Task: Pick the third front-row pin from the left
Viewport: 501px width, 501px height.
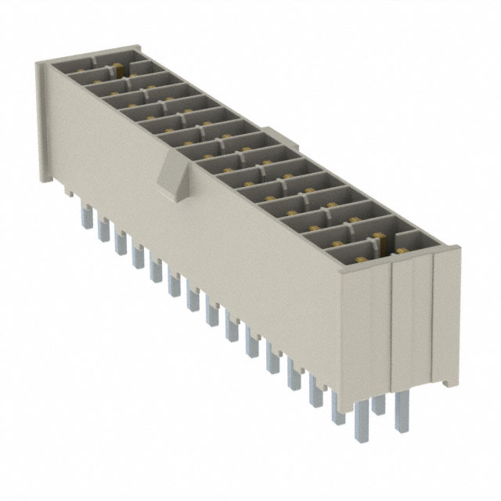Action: pyautogui.click(x=120, y=242)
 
